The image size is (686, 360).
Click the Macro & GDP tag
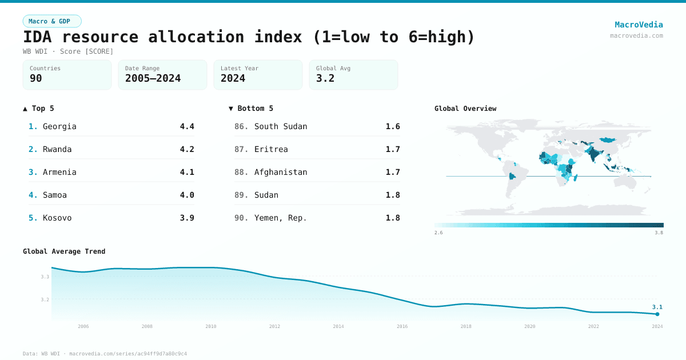pos(52,21)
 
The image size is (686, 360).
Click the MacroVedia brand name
pos(639,25)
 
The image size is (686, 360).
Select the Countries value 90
pos(36,78)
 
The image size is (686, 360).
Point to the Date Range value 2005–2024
pos(153,78)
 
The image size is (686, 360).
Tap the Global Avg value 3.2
pos(325,78)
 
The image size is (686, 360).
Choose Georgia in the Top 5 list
pos(59,126)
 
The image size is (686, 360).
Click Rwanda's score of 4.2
pos(187,149)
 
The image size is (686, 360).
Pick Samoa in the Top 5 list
pos(54,195)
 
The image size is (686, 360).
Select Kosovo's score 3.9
pos(187,218)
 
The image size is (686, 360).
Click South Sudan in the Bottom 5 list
pos(281,126)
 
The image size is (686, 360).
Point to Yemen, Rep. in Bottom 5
pos(280,218)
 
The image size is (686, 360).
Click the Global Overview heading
pos(465,109)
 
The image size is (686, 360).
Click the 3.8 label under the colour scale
pos(659,233)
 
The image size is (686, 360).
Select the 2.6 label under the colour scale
pos(438,233)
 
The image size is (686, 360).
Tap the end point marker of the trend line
pos(657,314)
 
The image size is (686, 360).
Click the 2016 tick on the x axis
pos(402,326)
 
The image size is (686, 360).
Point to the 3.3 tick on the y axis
pos(45,277)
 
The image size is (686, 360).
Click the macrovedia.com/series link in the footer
pos(127,354)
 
